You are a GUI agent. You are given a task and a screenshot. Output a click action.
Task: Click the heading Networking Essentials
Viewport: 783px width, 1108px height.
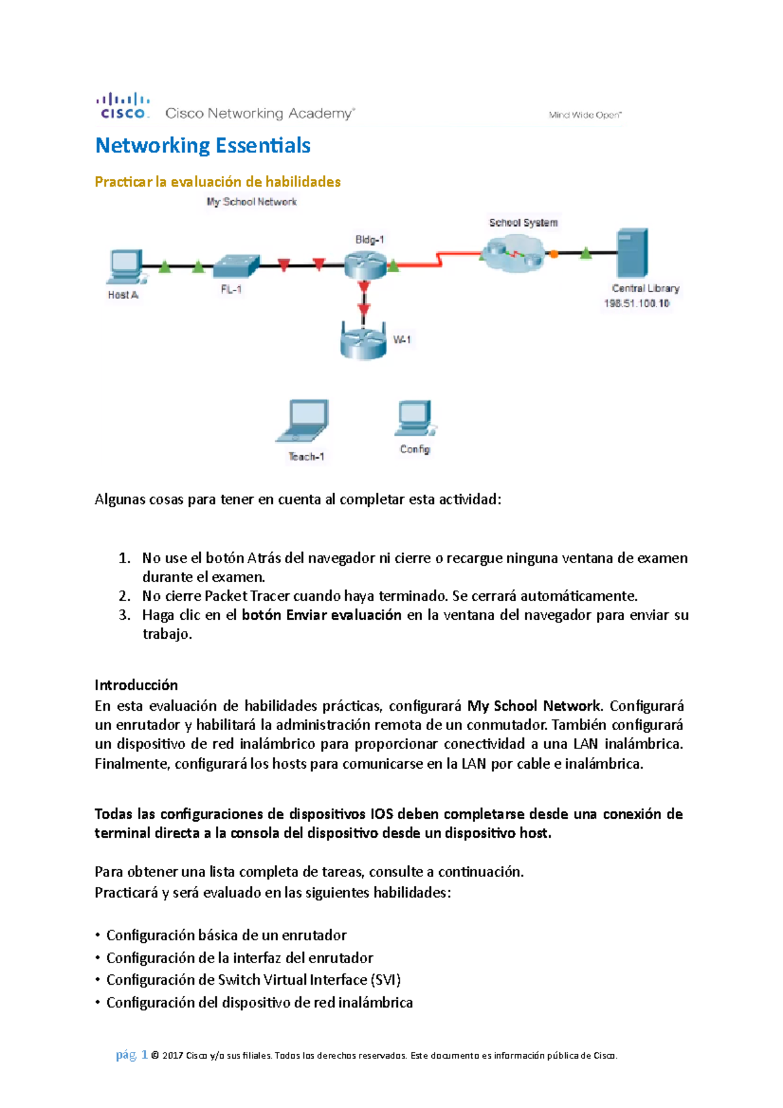(203, 146)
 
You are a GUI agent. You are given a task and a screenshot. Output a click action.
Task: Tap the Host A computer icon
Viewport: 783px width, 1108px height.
(125, 266)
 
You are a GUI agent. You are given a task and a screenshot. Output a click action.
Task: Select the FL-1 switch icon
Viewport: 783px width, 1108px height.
(236, 266)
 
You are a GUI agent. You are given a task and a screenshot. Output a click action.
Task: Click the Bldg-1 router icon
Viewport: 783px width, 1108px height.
(365, 264)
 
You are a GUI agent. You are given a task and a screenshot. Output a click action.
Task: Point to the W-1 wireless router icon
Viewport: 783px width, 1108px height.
(363, 340)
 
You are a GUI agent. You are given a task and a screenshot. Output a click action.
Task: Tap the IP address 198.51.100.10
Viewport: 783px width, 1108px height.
(637, 303)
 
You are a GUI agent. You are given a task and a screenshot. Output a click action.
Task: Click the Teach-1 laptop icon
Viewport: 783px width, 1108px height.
(303, 422)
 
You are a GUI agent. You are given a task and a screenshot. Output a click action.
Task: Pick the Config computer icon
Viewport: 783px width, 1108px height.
(414, 418)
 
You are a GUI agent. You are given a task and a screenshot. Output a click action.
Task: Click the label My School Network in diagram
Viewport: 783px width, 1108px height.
(252, 202)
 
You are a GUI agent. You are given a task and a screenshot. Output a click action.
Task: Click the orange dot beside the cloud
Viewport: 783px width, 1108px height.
(554, 254)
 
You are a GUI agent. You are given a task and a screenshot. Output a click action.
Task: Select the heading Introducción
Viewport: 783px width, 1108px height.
(136, 685)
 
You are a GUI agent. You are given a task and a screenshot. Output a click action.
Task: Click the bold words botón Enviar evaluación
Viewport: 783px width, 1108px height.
(321, 615)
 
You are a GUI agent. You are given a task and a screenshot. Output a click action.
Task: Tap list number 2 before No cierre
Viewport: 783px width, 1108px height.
(125, 596)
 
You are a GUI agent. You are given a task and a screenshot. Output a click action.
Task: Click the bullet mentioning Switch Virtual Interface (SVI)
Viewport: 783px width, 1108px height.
(253, 980)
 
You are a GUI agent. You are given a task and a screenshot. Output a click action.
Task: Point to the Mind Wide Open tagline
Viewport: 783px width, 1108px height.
(585, 115)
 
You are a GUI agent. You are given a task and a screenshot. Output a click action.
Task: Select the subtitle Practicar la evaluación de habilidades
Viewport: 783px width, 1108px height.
(217, 182)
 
